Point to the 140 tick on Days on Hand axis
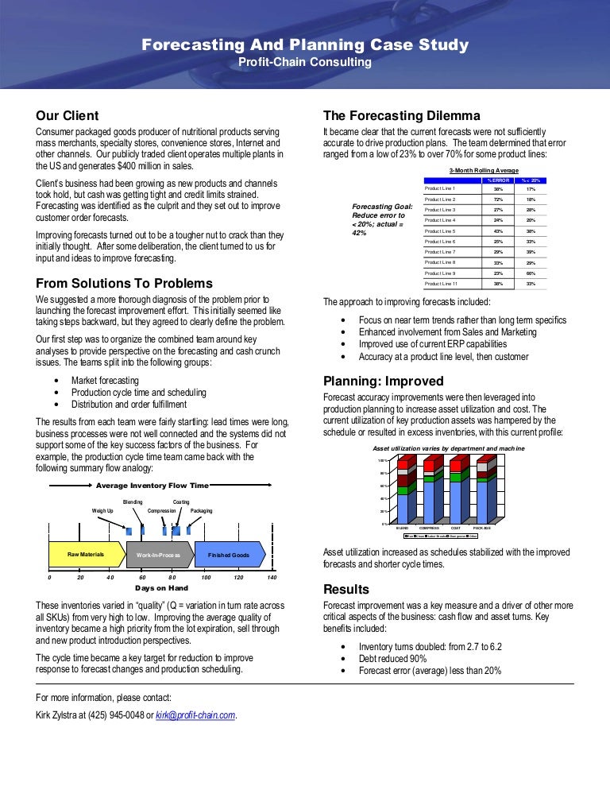(x=271, y=577)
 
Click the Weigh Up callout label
(x=103, y=510)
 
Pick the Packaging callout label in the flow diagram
(x=201, y=510)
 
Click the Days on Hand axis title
(x=160, y=589)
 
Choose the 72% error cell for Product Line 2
(x=499, y=199)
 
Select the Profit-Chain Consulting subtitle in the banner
(x=305, y=62)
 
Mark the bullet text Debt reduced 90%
(x=392, y=659)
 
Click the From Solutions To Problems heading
(x=125, y=284)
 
